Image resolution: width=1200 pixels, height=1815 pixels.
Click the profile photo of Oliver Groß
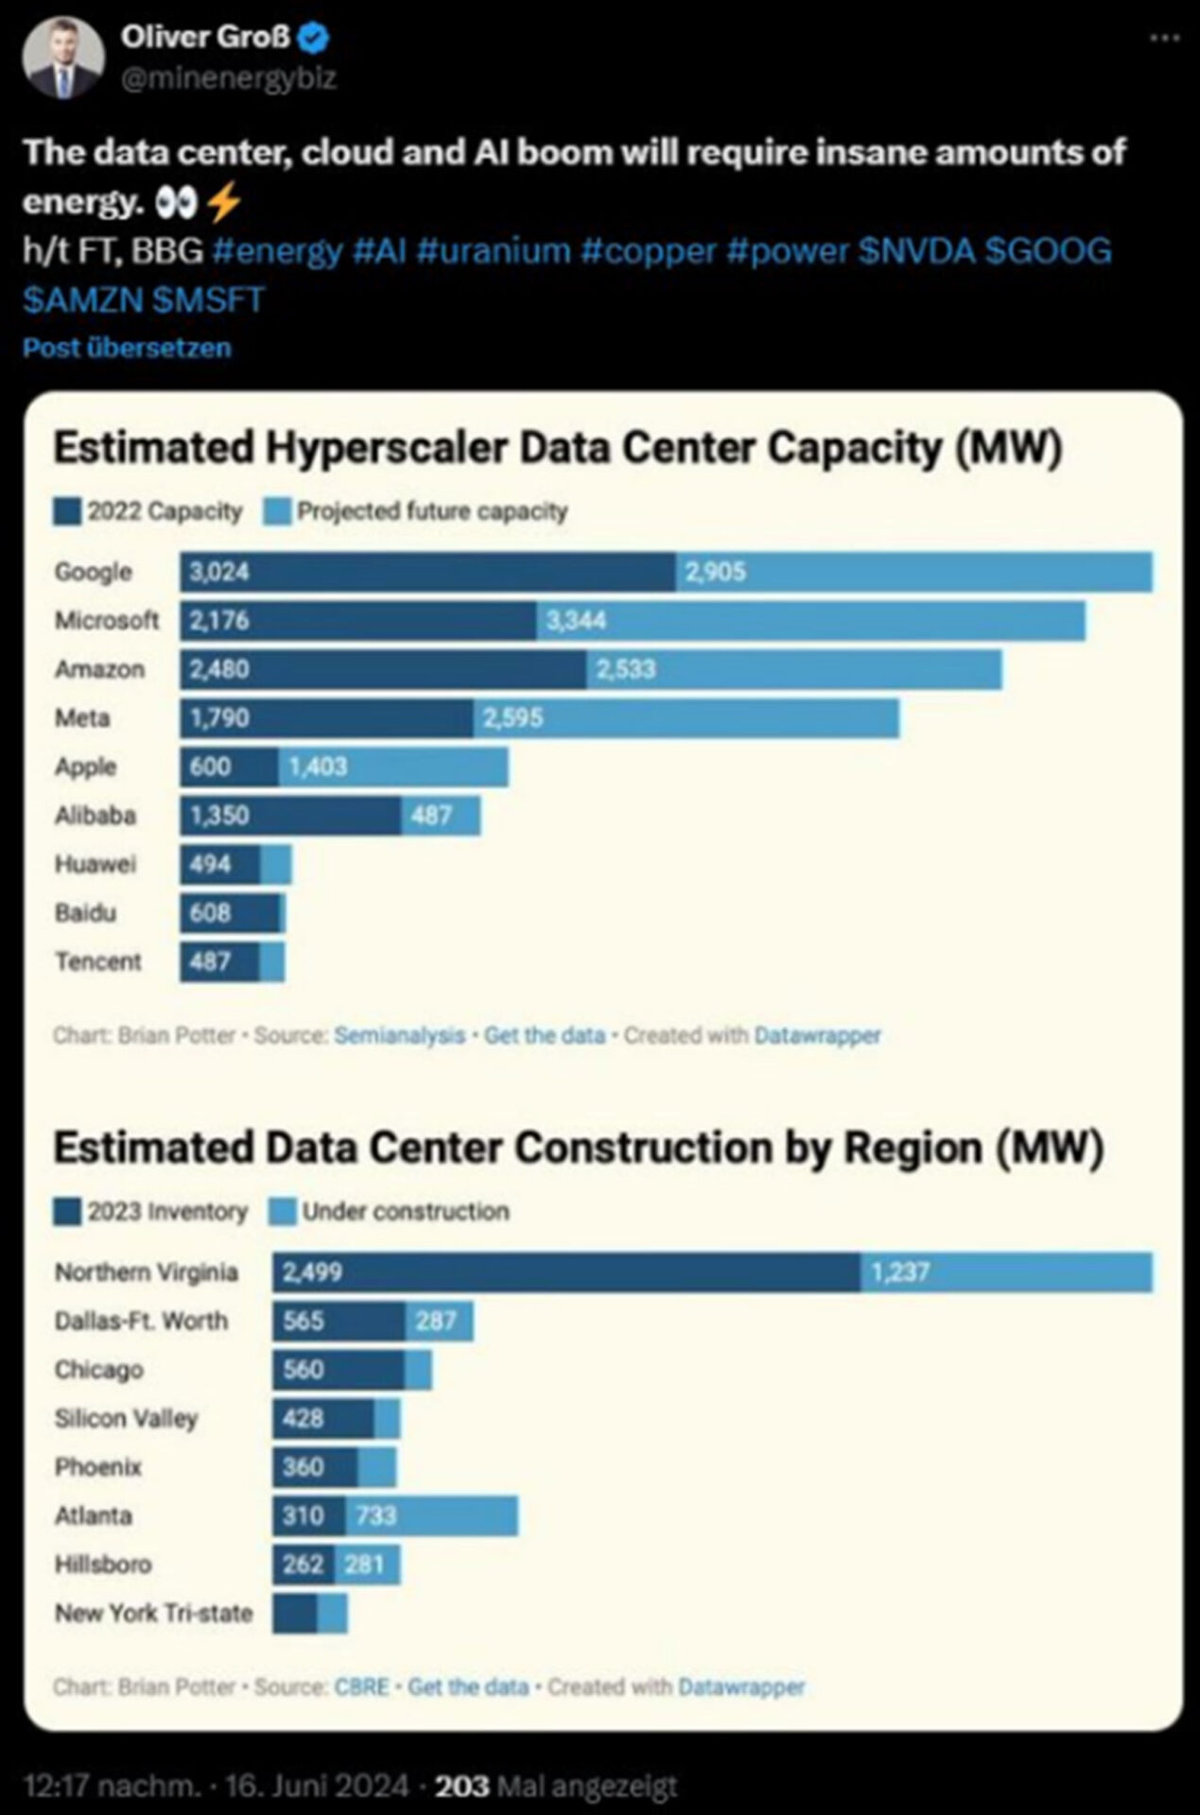pos(63,58)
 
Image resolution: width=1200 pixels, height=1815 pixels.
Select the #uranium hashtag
pos(493,251)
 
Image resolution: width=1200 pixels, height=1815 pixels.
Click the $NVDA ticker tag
pos(916,251)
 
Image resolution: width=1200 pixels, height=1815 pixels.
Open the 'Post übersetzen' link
pos(127,348)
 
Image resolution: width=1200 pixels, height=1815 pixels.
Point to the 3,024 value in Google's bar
pos(219,572)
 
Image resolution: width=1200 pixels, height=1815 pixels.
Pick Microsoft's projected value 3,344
pos(576,621)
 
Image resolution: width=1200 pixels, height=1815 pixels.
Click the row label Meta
pos(82,718)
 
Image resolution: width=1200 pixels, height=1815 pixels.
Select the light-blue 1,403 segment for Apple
pos(393,767)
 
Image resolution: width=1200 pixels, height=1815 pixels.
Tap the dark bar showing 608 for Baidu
pos(231,913)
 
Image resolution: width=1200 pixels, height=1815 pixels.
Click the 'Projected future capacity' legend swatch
pos(278,512)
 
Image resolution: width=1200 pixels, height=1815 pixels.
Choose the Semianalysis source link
pos(399,1035)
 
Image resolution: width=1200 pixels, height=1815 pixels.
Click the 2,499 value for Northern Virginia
pos(312,1272)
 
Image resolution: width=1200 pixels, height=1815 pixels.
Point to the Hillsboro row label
pos(103,1564)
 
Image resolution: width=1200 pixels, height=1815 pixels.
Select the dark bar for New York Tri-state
pos(295,1614)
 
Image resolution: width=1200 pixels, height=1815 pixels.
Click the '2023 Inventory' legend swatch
pos(67,1212)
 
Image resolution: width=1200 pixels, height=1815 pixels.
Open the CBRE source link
pos(361,1686)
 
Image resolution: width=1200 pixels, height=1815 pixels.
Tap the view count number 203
pos(461,1786)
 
